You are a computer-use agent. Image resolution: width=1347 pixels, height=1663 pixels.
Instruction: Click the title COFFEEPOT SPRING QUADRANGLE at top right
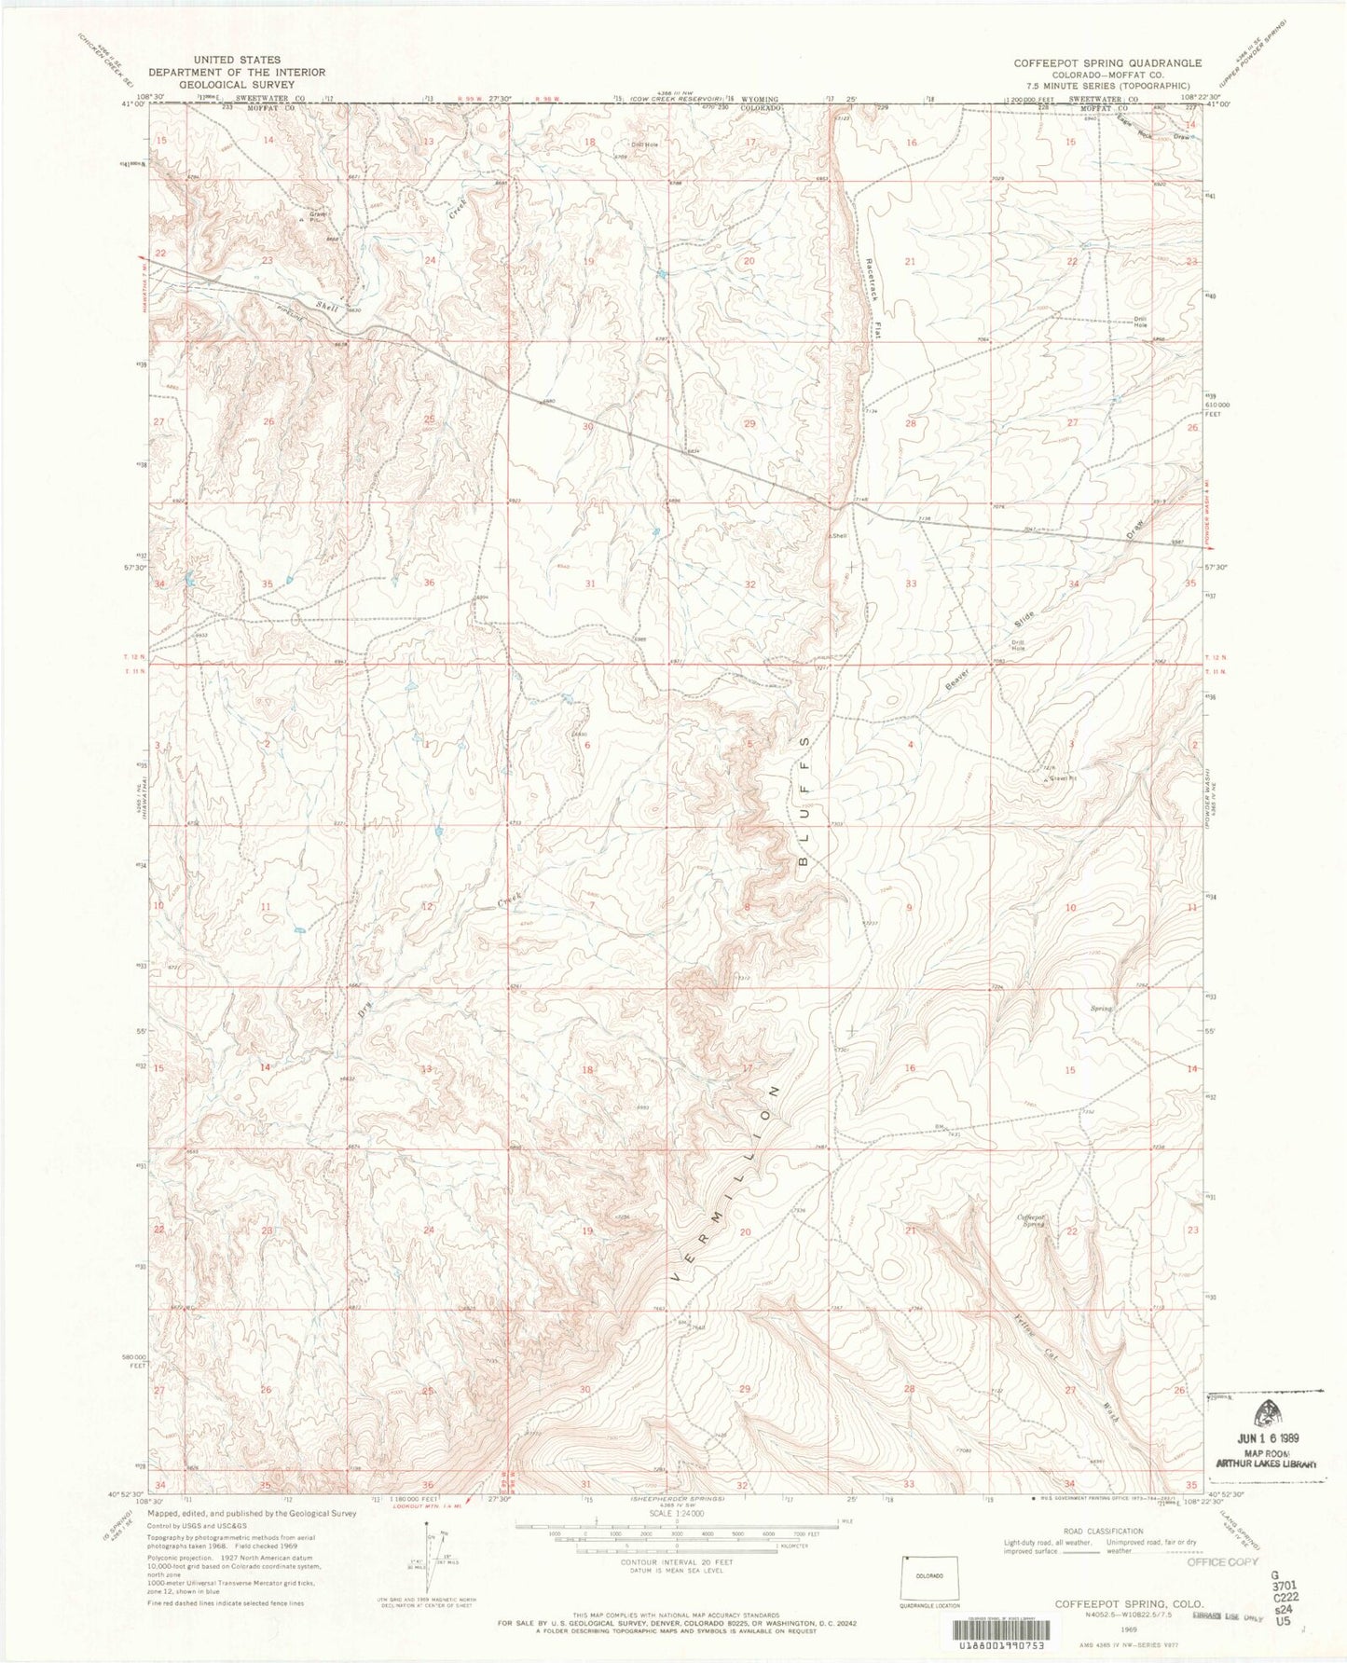click(x=1107, y=62)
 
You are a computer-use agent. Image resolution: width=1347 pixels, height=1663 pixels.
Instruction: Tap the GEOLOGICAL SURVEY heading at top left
click(x=236, y=84)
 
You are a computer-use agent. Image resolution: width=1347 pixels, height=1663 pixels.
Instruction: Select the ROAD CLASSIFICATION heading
click(x=1103, y=1531)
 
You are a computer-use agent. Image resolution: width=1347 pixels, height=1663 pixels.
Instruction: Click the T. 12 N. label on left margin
click(x=136, y=658)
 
